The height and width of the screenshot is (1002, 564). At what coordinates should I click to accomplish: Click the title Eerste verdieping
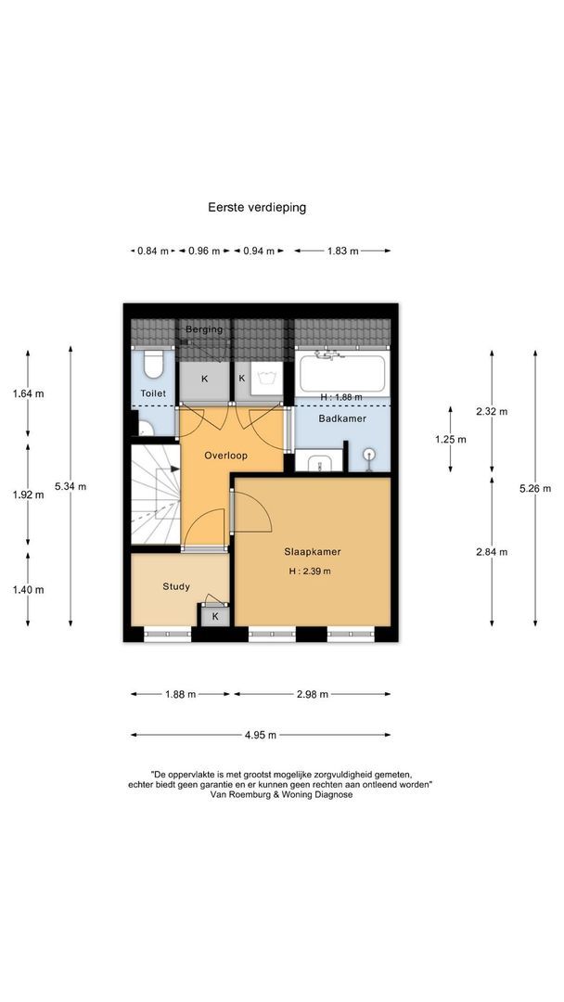(x=257, y=207)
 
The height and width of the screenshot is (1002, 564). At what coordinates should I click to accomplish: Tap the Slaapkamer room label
(x=313, y=551)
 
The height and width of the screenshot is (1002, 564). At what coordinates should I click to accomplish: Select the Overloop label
(x=225, y=456)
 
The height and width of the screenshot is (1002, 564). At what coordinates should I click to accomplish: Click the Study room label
(x=175, y=586)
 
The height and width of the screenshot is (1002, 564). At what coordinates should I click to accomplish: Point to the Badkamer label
(x=342, y=418)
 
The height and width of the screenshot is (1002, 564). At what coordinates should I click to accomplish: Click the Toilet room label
(x=153, y=393)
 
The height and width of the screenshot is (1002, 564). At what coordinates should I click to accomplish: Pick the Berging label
(x=204, y=329)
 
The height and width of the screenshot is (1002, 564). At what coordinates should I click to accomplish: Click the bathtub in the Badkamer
(x=341, y=373)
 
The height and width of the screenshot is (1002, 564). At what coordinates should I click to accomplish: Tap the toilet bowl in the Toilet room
(x=153, y=365)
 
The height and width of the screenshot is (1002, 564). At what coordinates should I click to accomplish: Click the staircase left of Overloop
(x=155, y=494)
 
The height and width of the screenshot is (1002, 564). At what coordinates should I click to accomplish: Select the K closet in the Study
(x=215, y=616)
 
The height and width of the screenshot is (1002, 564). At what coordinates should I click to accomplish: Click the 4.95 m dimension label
(x=261, y=735)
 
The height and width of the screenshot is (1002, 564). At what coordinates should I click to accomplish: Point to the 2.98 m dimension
(x=313, y=694)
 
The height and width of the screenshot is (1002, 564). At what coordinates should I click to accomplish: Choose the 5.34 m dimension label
(x=70, y=486)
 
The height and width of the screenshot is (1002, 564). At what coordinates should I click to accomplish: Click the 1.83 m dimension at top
(x=342, y=251)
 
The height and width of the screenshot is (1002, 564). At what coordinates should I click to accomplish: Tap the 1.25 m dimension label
(x=450, y=440)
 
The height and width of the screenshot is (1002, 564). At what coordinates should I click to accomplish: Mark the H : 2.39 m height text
(x=310, y=572)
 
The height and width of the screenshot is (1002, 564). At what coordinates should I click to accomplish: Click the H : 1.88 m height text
(x=341, y=397)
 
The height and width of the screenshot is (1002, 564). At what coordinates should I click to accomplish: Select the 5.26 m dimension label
(x=535, y=489)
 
